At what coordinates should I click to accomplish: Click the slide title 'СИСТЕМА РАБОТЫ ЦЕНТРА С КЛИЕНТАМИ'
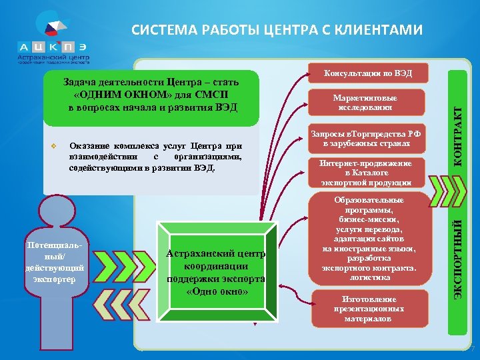(277, 30)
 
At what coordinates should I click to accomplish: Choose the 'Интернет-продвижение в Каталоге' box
(366, 173)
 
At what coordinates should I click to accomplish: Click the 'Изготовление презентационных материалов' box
(367, 309)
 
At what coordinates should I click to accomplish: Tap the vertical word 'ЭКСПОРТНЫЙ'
(457, 254)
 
